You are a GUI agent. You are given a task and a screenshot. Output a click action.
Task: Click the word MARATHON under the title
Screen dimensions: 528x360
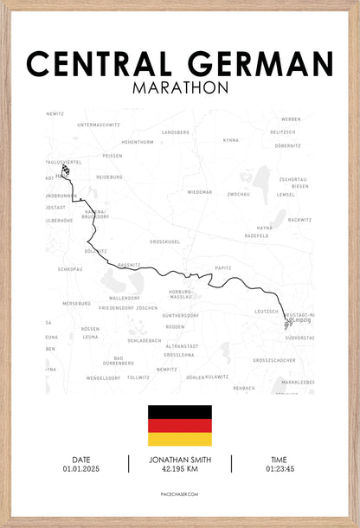(180, 87)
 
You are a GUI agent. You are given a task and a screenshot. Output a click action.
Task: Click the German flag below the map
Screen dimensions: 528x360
(180, 425)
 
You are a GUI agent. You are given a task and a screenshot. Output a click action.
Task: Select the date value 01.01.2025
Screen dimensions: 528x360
(80, 468)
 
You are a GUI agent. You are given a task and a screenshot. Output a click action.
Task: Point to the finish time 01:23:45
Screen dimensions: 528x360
(280, 468)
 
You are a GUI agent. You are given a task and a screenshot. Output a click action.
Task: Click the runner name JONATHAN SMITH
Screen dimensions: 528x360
(180, 460)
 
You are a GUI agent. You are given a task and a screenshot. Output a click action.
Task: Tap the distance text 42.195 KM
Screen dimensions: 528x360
(180, 468)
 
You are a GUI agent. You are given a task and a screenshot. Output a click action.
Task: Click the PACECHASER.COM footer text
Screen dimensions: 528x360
(180, 493)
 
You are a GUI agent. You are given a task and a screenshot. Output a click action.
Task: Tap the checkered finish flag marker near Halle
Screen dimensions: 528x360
(66, 171)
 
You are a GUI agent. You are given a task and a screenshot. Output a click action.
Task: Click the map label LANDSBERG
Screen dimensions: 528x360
(175, 132)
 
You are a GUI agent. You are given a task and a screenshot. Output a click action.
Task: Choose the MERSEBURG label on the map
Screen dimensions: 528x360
(76, 304)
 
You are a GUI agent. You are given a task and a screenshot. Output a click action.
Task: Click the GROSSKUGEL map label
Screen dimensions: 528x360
(165, 241)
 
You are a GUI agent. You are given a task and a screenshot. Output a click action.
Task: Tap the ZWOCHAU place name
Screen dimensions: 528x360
(239, 195)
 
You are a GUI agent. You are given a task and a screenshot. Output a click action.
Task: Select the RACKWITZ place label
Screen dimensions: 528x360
(300, 220)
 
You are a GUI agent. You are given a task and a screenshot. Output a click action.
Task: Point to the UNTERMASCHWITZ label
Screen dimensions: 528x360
(99, 125)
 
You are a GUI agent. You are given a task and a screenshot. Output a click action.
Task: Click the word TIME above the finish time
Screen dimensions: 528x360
(280, 460)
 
